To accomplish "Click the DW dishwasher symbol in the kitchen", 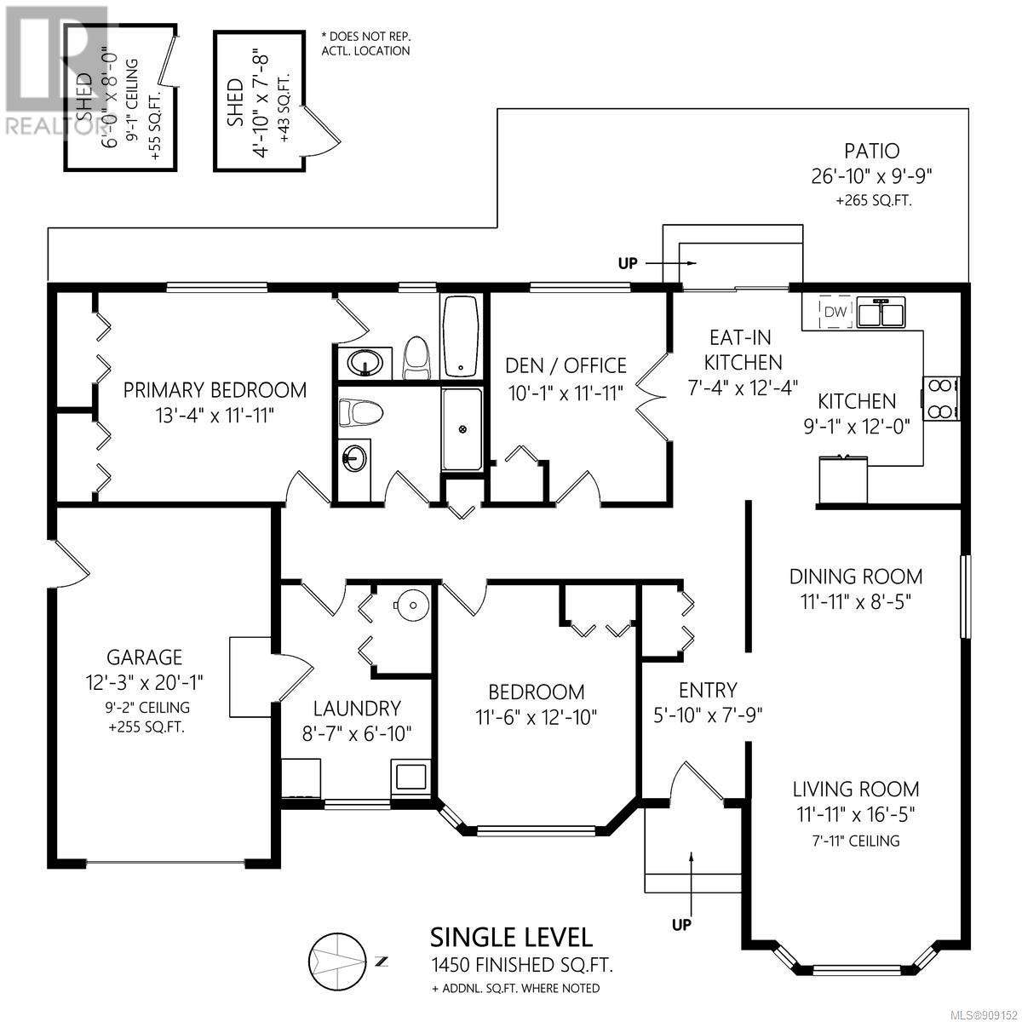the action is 835,312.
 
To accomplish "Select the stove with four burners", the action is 941,399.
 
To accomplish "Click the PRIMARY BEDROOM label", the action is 215,390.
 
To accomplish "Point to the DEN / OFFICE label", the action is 566,366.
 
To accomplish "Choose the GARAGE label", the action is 144,657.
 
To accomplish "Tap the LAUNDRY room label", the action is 356,709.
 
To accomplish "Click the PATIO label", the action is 872,151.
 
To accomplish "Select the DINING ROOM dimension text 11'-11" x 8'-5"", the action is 856,602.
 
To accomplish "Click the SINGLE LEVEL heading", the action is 511,952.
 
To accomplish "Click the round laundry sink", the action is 411,606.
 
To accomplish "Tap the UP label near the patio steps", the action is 628,263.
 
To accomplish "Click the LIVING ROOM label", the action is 856,789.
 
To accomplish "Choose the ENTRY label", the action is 708,691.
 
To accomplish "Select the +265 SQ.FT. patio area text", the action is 874,201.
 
